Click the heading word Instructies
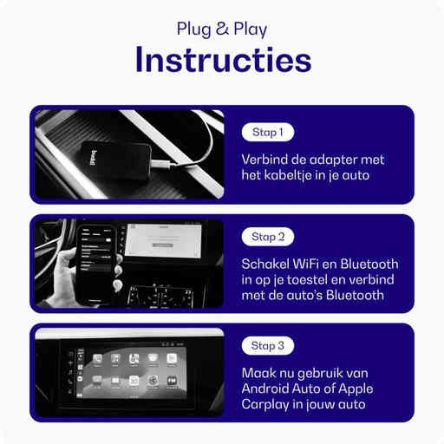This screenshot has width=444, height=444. click(222, 62)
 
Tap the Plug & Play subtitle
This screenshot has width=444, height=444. click(222, 29)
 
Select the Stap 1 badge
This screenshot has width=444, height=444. click(268, 133)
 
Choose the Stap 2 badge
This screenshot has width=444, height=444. click(268, 236)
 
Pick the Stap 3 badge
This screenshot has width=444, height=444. click(268, 345)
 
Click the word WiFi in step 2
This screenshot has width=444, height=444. click(306, 264)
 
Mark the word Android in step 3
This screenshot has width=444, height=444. click(271, 389)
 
